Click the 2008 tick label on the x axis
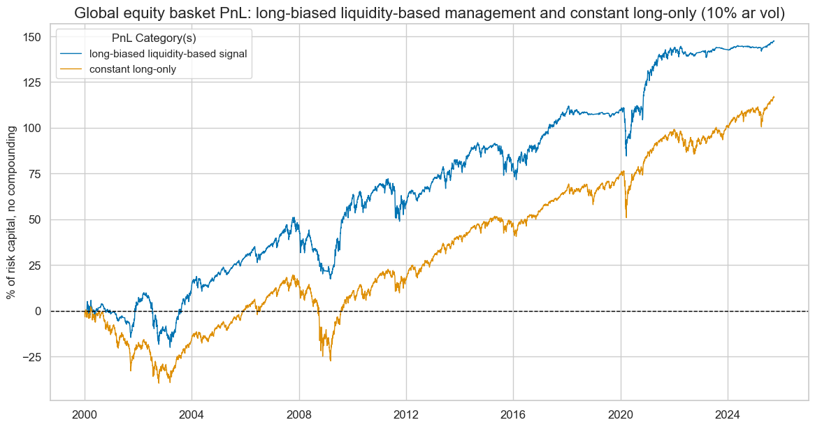(x=299, y=413)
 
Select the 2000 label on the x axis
(x=85, y=413)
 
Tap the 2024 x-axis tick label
(x=728, y=413)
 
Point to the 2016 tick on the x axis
(x=513, y=413)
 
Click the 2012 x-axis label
(x=406, y=413)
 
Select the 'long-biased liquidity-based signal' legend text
(x=173, y=54)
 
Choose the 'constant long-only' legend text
(x=138, y=68)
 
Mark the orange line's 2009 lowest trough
(x=330, y=360)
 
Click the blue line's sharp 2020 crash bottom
(x=626, y=155)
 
